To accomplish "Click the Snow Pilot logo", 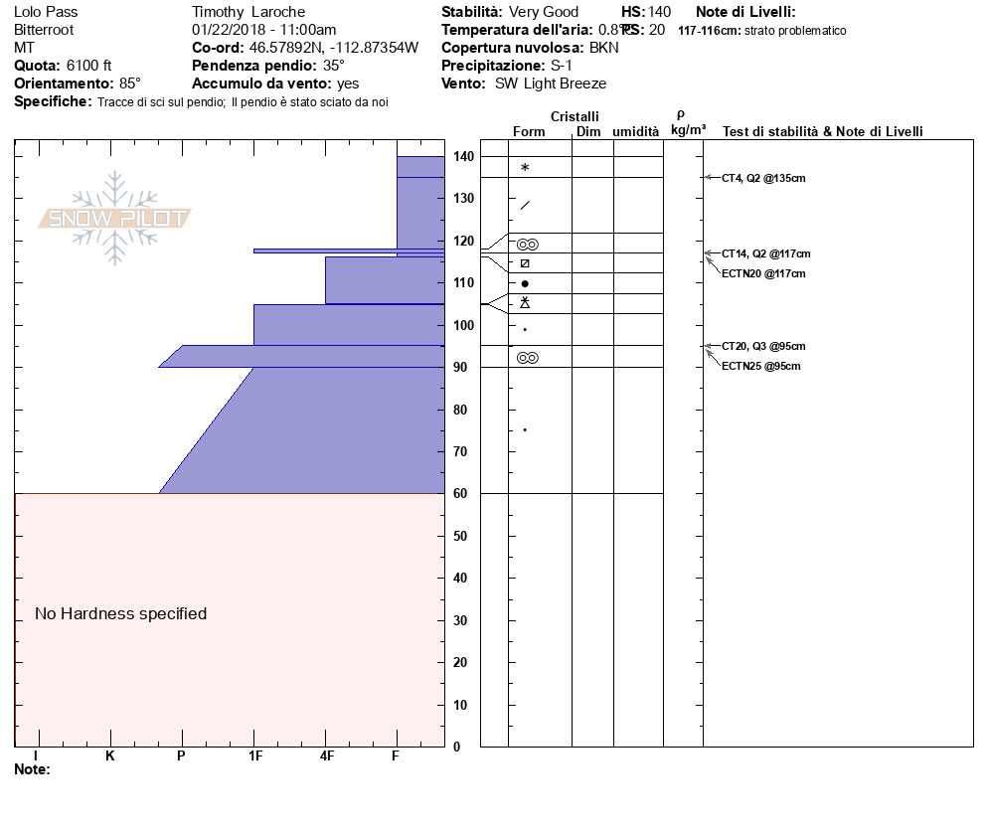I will (x=115, y=218).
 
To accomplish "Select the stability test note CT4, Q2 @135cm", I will (x=763, y=178).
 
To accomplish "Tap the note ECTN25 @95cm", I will (x=760, y=367).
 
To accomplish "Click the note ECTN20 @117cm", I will (x=763, y=273).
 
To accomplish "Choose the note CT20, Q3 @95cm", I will (x=763, y=346).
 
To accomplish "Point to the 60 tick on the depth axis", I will (x=461, y=494).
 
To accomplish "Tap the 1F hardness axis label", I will (x=255, y=756).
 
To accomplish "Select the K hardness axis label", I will (x=110, y=756).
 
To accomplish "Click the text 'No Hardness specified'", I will (x=121, y=614).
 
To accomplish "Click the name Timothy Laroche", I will (x=243, y=12).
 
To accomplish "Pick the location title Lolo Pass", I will (x=46, y=12).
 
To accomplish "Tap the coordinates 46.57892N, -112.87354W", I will (x=333, y=48).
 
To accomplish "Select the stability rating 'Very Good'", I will (x=543, y=12).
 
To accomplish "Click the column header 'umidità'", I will (x=636, y=132).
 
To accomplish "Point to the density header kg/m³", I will (x=688, y=130).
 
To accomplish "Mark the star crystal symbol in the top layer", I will (x=525, y=168).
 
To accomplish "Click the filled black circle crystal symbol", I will (x=525, y=284).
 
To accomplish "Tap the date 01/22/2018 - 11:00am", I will (x=263, y=30).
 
